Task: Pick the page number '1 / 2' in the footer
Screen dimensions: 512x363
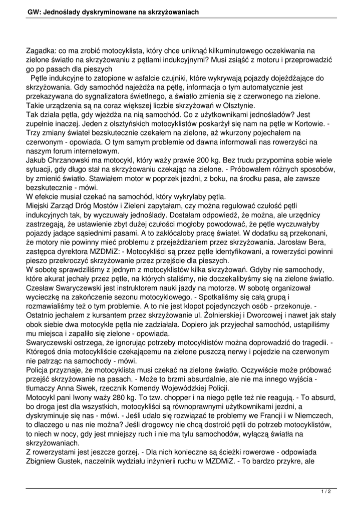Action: [x=326, y=492]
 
